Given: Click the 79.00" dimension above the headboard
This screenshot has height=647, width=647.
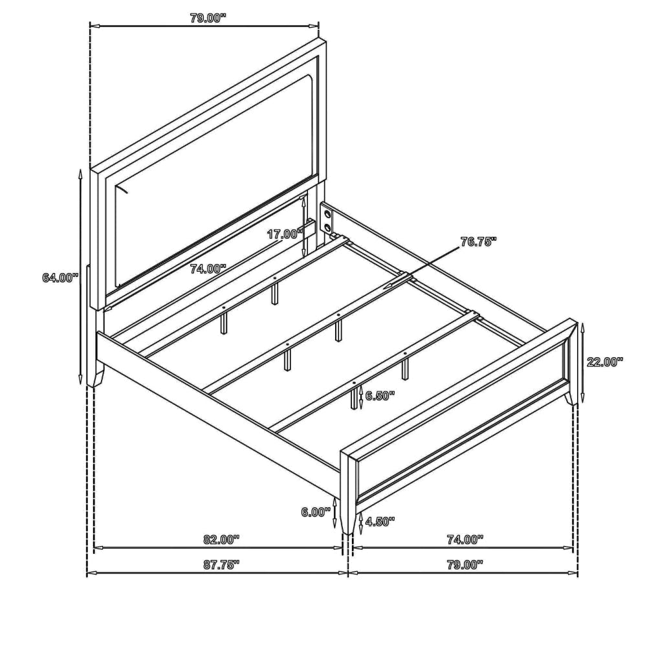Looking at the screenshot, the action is coord(208,18).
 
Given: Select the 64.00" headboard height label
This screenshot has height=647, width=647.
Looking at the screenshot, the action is coord(60,278).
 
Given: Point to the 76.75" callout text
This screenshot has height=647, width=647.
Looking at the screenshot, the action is coord(478,242).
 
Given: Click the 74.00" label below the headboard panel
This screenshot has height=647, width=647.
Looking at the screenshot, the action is coord(208,269).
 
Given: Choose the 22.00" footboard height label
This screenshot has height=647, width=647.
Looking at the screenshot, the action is coord(604,362).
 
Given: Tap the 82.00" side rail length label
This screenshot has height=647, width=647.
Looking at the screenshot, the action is coord(221,540).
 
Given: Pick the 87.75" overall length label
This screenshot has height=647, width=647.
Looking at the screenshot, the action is coord(221,564).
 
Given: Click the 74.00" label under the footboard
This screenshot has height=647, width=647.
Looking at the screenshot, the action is coord(465,540).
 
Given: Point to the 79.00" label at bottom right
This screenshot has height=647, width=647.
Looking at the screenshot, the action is coord(465,564).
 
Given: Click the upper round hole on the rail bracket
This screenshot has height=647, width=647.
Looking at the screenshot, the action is coord(327,214).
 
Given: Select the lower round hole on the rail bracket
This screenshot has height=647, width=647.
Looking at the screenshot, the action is coord(327,227).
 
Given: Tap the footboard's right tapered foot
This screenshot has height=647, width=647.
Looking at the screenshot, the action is coord(571,398).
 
